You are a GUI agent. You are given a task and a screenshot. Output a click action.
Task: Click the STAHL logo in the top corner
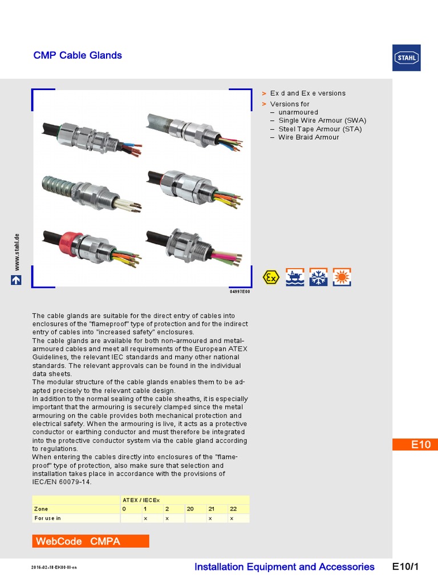point(407,58)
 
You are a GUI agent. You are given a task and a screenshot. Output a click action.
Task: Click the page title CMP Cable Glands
point(78,55)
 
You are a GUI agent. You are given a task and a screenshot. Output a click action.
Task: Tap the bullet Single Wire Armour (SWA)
point(322,120)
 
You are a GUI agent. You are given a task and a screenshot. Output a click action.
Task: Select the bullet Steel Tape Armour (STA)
point(320,129)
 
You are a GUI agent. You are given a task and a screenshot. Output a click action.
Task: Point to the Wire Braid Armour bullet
point(309,137)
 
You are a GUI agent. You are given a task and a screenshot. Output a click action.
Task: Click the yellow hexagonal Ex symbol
point(271,277)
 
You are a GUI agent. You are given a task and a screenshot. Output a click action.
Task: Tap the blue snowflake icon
point(318,277)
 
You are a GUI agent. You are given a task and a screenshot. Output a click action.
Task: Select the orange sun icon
point(342,277)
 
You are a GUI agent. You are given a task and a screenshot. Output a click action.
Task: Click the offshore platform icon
point(295,277)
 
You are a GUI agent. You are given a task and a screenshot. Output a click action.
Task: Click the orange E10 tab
point(415,445)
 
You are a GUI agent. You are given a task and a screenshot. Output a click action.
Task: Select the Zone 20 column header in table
point(190,508)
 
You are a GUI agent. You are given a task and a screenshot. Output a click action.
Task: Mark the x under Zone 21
point(210,518)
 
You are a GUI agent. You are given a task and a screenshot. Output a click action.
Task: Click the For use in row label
point(47,518)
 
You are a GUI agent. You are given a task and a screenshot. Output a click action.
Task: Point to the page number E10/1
point(405,566)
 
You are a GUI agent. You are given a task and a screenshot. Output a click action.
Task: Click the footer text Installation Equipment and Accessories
point(284,566)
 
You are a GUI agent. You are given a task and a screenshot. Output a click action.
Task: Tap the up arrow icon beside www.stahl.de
point(17,280)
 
